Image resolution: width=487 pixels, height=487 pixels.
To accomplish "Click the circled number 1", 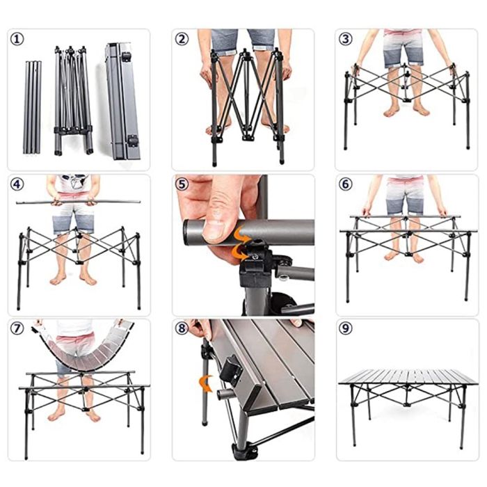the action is click(x=17, y=39).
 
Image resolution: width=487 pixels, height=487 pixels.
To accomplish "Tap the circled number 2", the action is click(x=182, y=39).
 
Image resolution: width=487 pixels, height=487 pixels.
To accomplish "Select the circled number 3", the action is click(x=346, y=39).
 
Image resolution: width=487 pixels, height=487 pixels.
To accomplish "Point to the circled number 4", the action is click(x=17, y=184).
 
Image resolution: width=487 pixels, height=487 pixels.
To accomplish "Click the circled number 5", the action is click(x=182, y=184).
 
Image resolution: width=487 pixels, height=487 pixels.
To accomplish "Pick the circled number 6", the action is click(x=346, y=184).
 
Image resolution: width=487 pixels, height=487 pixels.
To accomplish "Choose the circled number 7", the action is click(x=17, y=328).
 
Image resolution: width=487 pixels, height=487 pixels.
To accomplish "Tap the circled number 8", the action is click(x=182, y=328).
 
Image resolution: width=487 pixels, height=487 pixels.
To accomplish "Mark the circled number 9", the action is click(x=346, y=328).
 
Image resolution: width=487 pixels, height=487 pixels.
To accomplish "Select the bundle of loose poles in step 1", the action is click(x=32, y=107).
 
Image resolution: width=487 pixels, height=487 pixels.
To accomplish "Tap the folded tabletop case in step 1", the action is click(x=122, y=102).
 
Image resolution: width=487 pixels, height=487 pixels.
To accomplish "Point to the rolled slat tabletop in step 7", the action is click(x=83, y=348).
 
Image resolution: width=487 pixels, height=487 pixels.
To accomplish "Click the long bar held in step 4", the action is click(x=78, y=202).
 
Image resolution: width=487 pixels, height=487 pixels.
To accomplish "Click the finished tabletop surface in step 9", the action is click(x=408, y=377).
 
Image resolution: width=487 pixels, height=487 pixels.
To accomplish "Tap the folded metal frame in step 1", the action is click(x=73, y=101).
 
